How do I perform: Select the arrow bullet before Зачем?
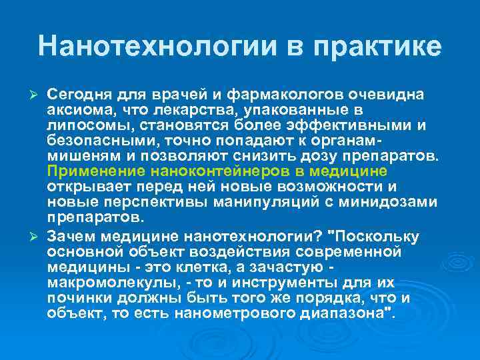[x=37, y=237]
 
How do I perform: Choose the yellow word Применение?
[x=91, y=171]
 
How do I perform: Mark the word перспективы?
[x=156, y=201]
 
